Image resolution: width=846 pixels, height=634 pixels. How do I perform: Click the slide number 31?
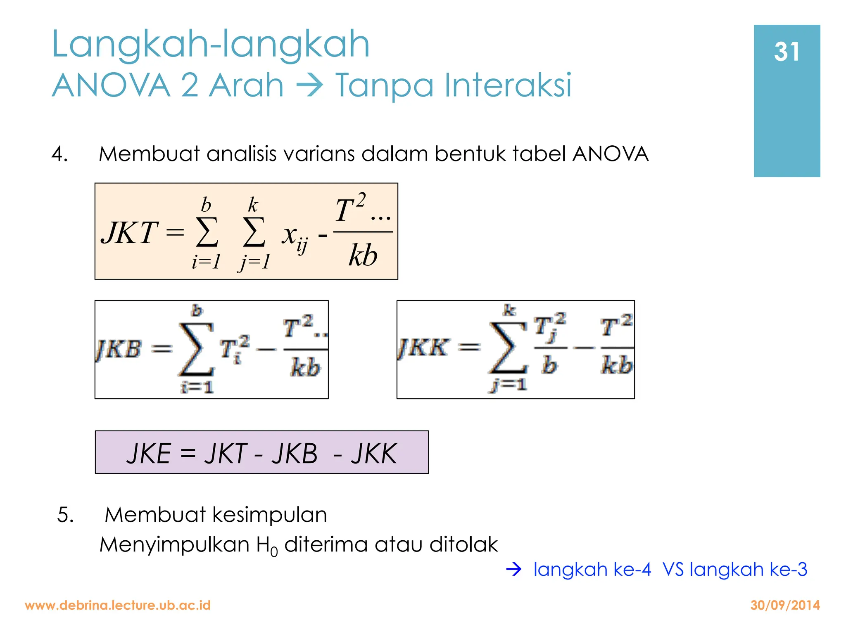787,52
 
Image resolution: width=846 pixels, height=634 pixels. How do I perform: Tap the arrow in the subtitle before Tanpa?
309,85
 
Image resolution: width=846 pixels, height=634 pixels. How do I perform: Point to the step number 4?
59,154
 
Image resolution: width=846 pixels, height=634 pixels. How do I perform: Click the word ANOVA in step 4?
610,154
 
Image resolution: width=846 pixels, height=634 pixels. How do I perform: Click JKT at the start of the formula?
129,233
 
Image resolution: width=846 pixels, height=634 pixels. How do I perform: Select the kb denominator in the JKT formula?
363,255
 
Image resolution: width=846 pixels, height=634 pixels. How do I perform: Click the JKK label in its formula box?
423,348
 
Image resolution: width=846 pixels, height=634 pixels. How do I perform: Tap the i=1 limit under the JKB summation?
197,387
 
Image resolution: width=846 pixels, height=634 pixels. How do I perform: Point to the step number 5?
65,515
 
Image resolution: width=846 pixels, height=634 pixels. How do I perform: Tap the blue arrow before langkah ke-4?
514,570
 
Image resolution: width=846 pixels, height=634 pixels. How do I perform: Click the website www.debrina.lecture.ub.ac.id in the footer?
118,605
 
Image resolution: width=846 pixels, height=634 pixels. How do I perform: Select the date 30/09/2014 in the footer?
785,605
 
